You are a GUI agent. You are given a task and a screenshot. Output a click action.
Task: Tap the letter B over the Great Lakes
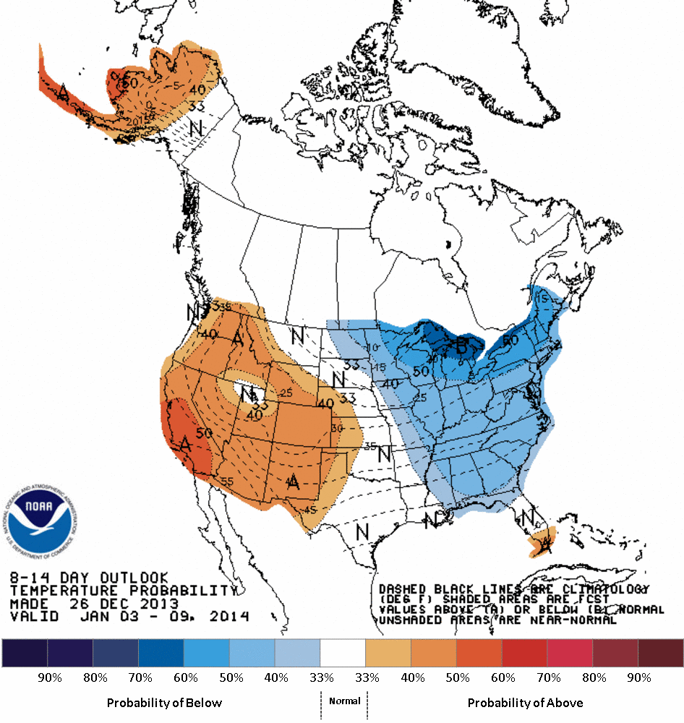tap(461, 345)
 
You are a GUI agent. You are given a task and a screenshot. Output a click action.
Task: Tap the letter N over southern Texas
tap(362, 531)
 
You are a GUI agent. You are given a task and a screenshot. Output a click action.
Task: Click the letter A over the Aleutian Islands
tap(64, 93)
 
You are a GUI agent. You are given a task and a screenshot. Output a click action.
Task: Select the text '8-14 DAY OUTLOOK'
tap(89, 578)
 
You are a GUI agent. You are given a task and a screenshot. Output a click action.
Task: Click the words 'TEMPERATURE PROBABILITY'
tap(123, 591)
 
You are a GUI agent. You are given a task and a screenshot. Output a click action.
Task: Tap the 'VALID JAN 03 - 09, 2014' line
tap(130, 617)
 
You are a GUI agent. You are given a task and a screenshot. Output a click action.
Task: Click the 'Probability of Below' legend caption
tap(164, 703)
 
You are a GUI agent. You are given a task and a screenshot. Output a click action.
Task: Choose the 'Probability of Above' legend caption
tap(525, 703)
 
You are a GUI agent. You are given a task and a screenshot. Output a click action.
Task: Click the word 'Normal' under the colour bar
tap(344, 701)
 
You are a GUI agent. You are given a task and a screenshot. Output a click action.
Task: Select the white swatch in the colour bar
tap(343, 653)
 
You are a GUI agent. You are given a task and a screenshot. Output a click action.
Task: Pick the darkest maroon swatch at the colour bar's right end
tap(660, 653)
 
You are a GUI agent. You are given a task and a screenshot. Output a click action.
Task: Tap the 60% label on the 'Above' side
tap(503, 678)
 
